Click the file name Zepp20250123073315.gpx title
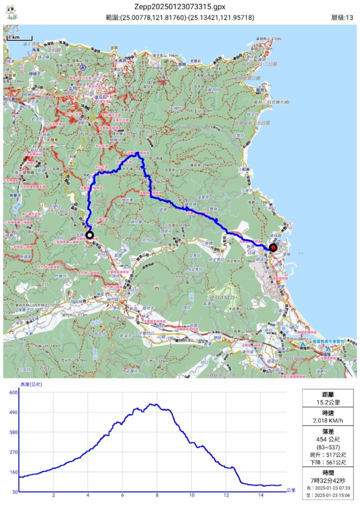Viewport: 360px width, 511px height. [180, 6]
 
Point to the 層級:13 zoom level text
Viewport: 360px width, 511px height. [342, 18]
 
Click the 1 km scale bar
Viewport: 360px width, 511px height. [20, 37]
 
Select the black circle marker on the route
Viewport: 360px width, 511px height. [89, 235]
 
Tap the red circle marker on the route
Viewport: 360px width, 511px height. [273, 247]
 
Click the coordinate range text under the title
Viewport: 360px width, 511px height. [180, 18]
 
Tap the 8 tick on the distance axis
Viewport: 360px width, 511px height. [157, 496]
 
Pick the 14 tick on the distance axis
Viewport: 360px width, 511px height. [260, 496]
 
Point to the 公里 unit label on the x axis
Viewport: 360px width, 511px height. [291, 491]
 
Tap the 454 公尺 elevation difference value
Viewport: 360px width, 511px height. [328, 440]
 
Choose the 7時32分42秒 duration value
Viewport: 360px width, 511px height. [328, 480]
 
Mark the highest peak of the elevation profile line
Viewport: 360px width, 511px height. [151, 404]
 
